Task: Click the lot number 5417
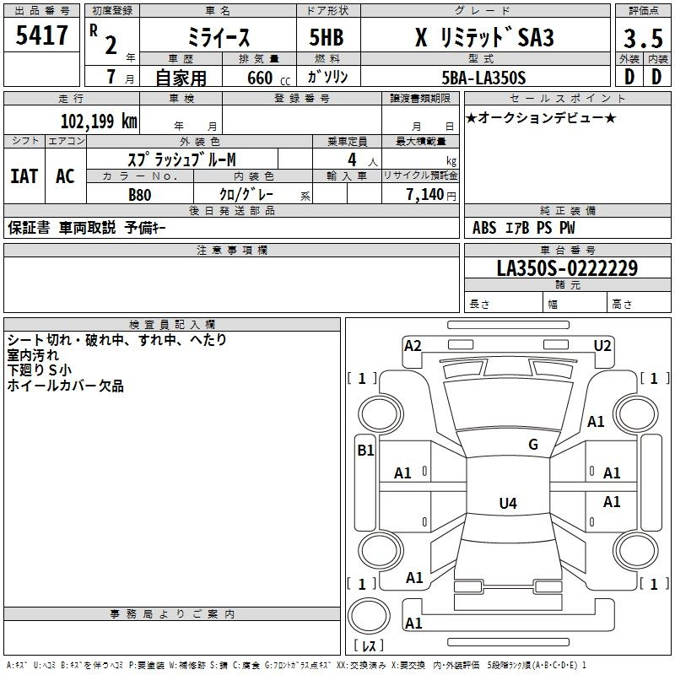click(41, 35)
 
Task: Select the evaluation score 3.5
click(643, 39)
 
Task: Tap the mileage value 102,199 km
click(99, 121)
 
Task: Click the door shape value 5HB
click(327, 37)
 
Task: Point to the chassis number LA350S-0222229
click(567, 268)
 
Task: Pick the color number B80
click(140, 195)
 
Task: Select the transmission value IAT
click(24, 176)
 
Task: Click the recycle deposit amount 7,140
click(425, 195)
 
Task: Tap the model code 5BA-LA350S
click(483, 78)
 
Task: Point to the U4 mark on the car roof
click(508, 503)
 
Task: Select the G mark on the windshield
click(533, 445)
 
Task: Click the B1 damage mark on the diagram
click(365, 451)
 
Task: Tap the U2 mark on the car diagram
click(602, 346)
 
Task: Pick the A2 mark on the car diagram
click(413, 346)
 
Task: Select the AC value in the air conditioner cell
click(65, 176)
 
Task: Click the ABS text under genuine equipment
click(484, 228)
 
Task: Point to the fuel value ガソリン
click(327, 77)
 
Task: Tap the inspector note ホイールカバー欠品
click(66, 386)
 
